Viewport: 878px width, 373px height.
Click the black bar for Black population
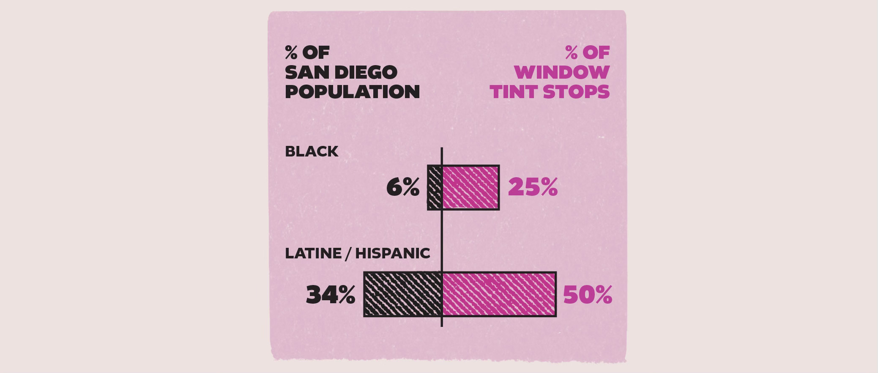click(435, 187)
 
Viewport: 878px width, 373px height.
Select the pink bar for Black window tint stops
click(471, 187)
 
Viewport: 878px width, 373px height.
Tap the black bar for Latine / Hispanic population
click(403, 294)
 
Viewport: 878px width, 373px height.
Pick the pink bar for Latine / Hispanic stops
click(499, 294)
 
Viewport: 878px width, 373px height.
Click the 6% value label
click(403, 187)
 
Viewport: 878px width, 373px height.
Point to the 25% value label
click(533, 187)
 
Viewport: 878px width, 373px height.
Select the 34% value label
click(331, 295)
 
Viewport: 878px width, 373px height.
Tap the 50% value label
click(588, 295)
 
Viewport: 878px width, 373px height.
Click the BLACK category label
click(312, 151)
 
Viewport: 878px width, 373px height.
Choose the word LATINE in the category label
click(313, 253)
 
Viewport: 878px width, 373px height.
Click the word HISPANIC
click(393, 253)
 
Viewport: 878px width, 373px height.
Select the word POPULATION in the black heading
click(353, 92)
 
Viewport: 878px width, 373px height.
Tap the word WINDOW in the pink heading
click(562, 72)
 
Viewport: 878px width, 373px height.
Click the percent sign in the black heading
click(291, 52)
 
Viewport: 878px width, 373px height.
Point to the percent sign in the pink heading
click(572, 52)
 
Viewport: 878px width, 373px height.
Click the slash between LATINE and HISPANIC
click(348, 253)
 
